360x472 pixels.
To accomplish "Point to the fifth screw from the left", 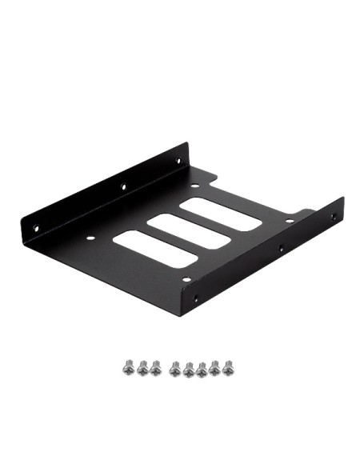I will tap(189, 369).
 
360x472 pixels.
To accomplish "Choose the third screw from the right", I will tap(202, 369).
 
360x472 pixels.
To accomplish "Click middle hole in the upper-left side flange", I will tap(124, 186).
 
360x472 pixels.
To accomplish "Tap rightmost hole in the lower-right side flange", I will tap(334, 215).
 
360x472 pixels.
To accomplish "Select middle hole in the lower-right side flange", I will tap(281, 249).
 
